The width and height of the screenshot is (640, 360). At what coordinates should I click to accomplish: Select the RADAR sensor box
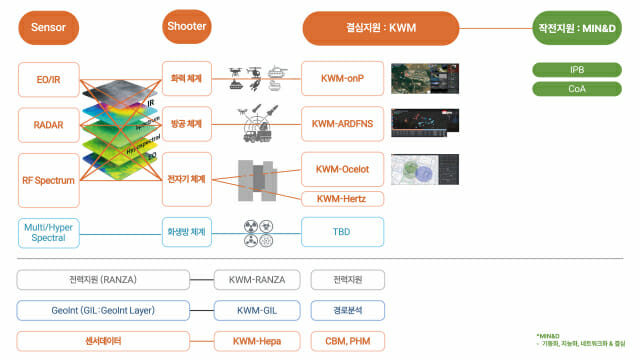(x=47, y=125)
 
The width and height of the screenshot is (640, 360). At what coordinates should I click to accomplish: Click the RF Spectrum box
(x=47, y=180)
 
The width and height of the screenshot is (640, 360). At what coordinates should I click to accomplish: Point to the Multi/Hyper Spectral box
(x=47, y=233)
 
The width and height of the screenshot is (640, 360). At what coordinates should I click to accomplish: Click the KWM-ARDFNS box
(x=342, y=125)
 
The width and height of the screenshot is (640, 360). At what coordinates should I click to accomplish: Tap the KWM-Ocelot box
(x=342, y=169)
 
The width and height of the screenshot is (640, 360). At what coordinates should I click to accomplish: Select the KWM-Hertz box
(x=342, y=199)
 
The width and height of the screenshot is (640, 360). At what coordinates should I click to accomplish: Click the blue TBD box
(x=342, y=233)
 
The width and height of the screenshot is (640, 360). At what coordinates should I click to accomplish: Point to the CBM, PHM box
(x=342, y=341)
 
